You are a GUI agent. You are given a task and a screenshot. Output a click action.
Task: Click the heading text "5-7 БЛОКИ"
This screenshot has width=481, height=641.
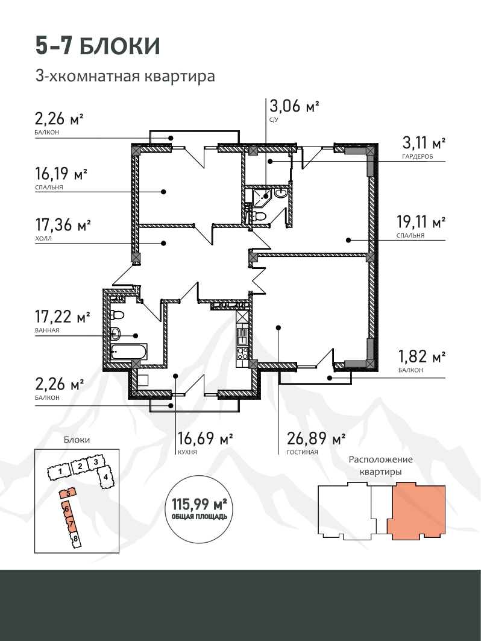[x=98, y=46]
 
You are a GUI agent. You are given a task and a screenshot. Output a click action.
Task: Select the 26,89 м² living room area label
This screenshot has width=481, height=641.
[x=316, y=438]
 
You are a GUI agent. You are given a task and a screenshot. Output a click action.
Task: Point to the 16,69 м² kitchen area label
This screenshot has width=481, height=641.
[x=205, y=438]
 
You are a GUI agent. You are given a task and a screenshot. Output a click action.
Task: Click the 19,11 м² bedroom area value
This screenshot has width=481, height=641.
[x=421, y=222]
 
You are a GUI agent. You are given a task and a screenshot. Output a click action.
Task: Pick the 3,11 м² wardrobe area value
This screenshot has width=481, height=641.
[x=424, y=143]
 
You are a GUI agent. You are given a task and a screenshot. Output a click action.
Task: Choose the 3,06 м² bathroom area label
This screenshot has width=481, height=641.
[x=294, y=106]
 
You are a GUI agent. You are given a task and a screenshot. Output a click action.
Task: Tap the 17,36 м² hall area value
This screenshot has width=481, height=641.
[x=63, y=225]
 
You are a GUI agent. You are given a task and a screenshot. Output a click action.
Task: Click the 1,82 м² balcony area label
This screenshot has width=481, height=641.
[x=422, y=356]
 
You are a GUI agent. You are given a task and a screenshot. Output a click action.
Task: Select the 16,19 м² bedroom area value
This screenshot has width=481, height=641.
[x=61, y=174]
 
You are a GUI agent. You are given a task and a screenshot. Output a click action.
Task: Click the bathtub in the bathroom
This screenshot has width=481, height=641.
[x=129, y=352]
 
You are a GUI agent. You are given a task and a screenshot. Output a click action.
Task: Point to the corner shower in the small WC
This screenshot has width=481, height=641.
[x=261, y=197]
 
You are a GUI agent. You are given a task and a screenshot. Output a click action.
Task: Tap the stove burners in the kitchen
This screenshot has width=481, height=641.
[x=242, y=353]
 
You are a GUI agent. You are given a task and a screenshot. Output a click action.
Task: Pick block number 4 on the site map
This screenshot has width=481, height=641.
[x=105, y=476]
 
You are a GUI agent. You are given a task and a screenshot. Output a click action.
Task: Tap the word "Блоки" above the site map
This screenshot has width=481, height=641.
[x=77, y=440]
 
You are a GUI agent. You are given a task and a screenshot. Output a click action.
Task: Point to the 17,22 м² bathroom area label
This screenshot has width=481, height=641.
[x=63, y=317]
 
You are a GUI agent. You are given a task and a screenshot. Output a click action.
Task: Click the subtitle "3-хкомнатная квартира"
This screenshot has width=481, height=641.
[x=125, y=76]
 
